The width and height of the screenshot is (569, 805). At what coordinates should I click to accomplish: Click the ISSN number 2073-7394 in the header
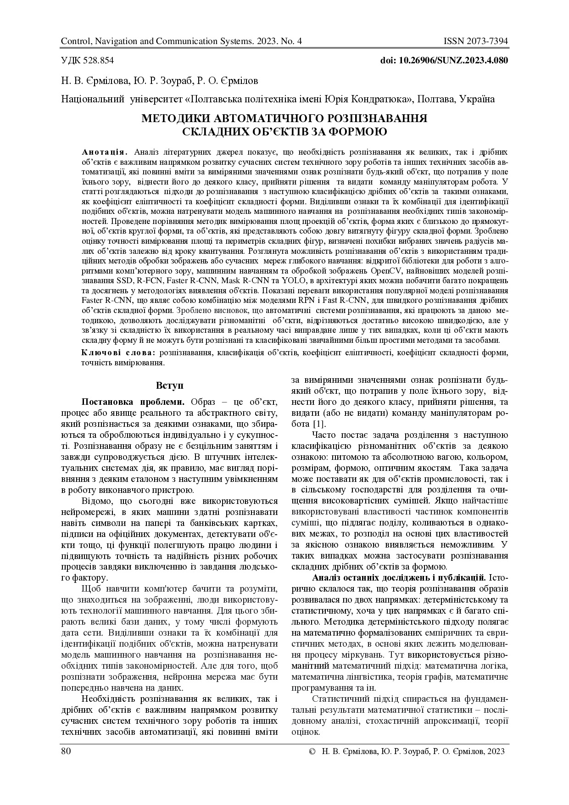click(x=485, y=42)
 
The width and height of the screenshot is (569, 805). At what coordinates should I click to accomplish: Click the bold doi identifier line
click(x=444, y=61)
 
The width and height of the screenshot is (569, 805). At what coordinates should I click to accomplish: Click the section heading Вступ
click(x=169, y=385)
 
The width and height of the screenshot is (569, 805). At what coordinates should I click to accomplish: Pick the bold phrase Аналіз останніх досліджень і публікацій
click(x=399, y=577)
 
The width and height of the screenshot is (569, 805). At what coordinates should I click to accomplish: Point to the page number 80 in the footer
click(x=66, y=751)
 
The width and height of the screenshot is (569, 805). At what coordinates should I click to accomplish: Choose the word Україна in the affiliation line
click(x=479, y=99)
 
